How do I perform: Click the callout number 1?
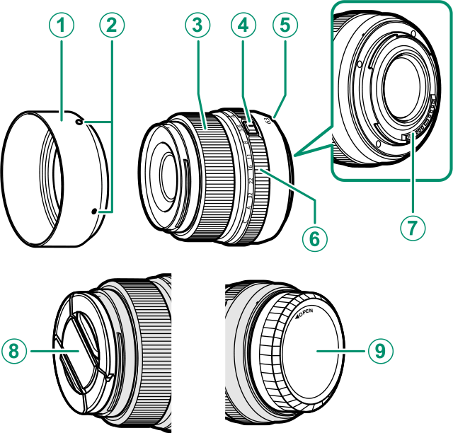pos(62,26)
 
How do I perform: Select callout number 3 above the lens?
pos(197,26)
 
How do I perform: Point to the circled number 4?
pos(243,26)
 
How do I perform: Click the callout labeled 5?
pos(285,26)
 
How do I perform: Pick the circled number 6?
pos(315,237)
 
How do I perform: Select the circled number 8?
pos(13,349)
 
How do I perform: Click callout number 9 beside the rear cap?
pos(382,349)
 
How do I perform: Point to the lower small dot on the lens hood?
pos(96,210)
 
